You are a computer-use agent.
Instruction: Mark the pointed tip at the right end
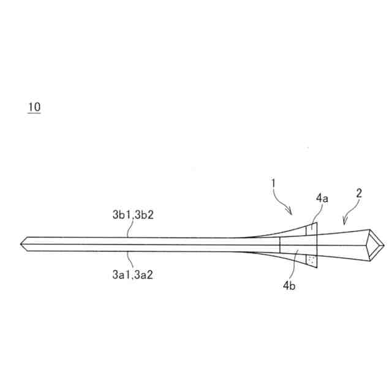point(383,245)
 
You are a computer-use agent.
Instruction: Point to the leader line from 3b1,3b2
point(127,230)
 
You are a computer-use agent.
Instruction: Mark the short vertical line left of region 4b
point(279,245)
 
